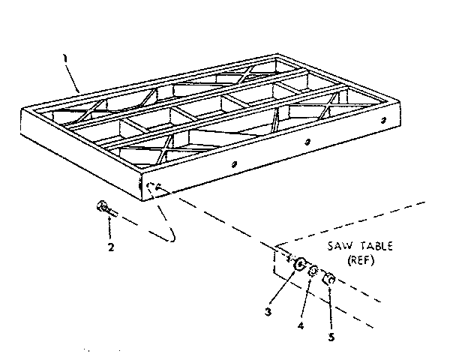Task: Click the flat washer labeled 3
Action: point(298,264)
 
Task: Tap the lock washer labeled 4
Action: point(314,271)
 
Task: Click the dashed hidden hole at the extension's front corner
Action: point(154,188)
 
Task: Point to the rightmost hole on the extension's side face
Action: point(384,120)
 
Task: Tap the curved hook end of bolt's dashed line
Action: point(171,237)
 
